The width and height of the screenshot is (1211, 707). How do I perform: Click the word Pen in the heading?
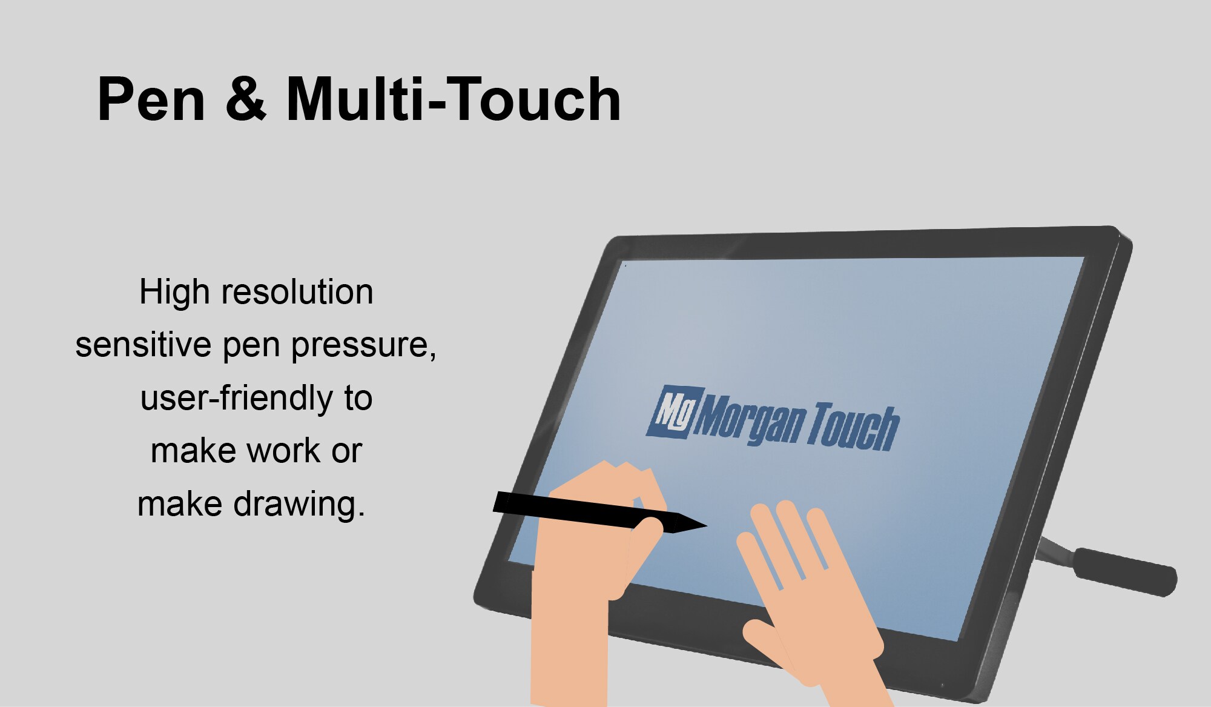coord(151,99)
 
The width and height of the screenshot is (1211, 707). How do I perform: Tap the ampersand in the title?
coord(246,99)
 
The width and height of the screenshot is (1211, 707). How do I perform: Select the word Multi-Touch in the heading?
coord(453,99)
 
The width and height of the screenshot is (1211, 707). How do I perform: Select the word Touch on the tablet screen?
coord(853,427)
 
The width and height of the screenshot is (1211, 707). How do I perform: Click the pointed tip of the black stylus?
coord(702,525)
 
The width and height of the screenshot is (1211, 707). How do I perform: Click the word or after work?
coord(346,451)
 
